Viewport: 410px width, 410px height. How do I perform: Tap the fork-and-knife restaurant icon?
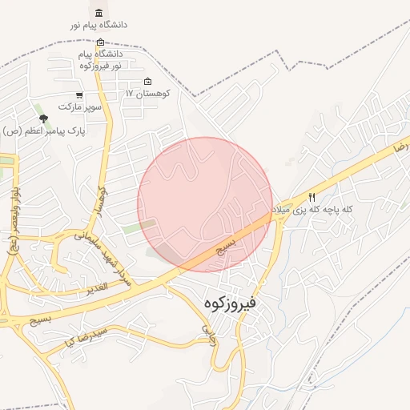312,196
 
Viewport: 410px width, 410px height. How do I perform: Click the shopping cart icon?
79,94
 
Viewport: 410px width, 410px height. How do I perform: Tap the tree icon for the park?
43,119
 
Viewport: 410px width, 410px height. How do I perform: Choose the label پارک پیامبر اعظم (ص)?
43,130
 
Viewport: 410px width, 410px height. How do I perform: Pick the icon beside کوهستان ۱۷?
147,82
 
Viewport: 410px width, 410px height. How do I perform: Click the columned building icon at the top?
98,14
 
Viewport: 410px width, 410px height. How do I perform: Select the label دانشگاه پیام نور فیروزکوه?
100,59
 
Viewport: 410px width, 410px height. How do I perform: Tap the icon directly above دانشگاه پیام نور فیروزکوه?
100,42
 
